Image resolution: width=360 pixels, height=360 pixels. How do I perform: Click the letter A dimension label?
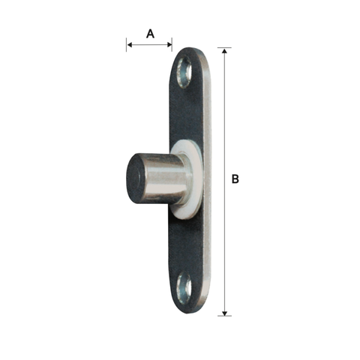coord(150,34)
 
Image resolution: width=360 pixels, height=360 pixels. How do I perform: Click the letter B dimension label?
coord(235,179)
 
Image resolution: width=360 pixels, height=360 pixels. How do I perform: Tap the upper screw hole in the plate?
coord(184,72)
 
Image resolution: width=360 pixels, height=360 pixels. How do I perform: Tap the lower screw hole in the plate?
coord(184,288)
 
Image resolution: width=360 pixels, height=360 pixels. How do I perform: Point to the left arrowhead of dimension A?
coord(130,45)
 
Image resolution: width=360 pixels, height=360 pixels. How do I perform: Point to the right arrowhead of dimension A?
coord(169,45)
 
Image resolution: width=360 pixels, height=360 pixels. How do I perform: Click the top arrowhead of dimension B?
coord(224,51)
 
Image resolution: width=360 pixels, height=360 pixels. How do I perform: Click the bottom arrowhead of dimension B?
coord(224,313)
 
